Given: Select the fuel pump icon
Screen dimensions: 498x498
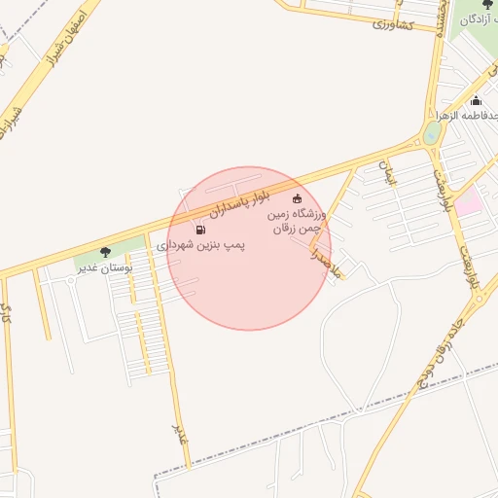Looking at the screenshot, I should pyautogui.click(x=200, y=231).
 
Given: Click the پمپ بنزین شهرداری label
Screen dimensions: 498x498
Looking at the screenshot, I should pyautogui.click(x=201, y=246).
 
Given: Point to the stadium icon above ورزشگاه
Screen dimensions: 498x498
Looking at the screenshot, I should pyautogui.click(x=297, y=199).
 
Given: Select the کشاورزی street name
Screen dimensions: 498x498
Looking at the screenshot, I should pyautogui.click(x=393, y=24).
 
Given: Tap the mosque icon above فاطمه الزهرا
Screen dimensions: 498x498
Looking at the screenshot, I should pyautogui.click(x=476, y=101).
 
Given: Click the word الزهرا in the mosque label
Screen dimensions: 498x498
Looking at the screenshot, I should pyautogui.click(x=450, y=116).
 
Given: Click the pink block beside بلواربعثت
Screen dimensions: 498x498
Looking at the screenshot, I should pyautogui.click(x=470, y=202).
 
